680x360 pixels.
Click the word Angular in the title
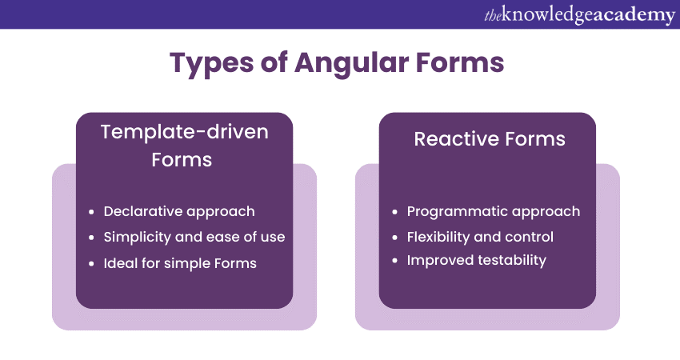[x=351, y=64]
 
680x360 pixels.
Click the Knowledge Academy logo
[x=579, y=14]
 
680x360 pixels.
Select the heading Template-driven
[x=184, y=132]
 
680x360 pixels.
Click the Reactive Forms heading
[x=490, y=138]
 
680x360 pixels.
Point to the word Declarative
[x=142, y=211]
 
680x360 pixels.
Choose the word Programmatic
[x=451, y=212]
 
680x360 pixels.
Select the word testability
[x=512, y=260]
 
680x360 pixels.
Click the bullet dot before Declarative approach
[x=91, y=212]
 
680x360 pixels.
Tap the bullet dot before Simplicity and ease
[x=91, y=238]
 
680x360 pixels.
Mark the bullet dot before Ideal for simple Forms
[x=91, y=264]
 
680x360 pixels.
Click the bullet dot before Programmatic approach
[x=394, y=212]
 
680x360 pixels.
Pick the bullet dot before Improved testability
[x=394, y=261]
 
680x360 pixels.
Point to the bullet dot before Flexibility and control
[x=394, y=238]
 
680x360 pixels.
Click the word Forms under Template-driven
[x=182, y=160]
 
